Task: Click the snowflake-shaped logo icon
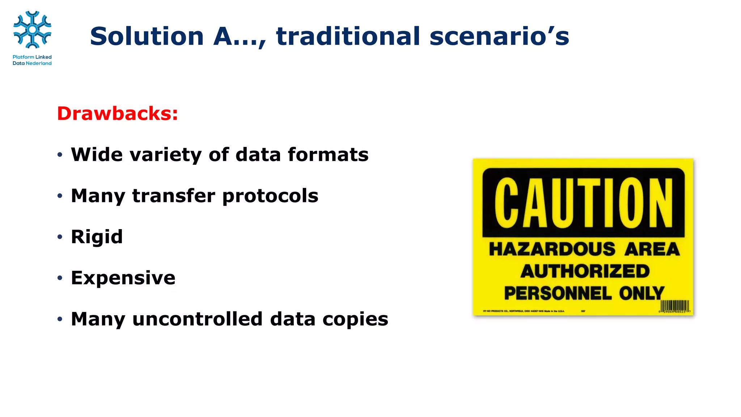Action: click(x=32, y=30)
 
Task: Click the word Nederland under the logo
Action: click(x=39, y=63)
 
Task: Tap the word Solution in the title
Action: click(x=147, y=36)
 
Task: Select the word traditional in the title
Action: click(x=348, y=36)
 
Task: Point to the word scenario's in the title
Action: click(x=499, y=36)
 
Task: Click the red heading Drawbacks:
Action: click(x=117, y=113)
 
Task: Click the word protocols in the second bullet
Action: click(x=270, y=196)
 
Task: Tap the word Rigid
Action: click(x=97, y=237)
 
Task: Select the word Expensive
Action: click(x=123, y=278)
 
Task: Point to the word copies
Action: click(x=355, y=320)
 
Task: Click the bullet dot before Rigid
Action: click(x=60, y=237)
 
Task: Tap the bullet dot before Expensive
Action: click(x=60, y=278)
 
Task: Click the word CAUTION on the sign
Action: click(x=583, y=203)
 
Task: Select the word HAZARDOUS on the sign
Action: click(x=552, y=249)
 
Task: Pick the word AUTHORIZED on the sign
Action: click(x=585, y=271)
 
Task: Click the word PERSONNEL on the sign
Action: click(x=558, y=293)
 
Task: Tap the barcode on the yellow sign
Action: click(x=675, y=306)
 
